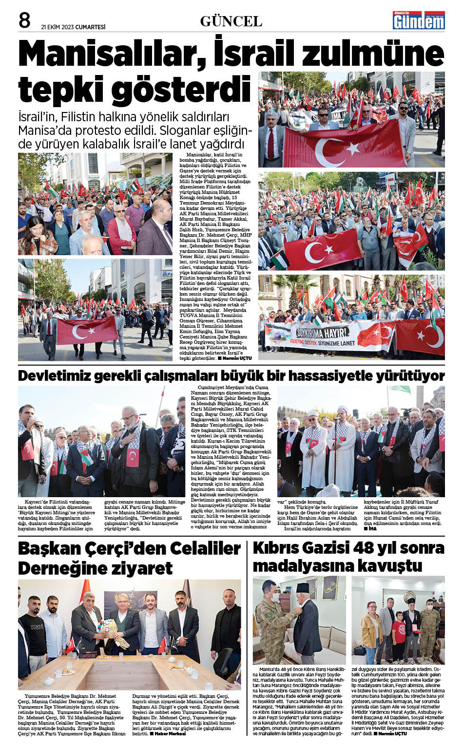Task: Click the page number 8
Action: (24, 20)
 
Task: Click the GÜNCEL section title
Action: (231, 21)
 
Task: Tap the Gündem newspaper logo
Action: (419, 20)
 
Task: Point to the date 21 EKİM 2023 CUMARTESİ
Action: (73, 27)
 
